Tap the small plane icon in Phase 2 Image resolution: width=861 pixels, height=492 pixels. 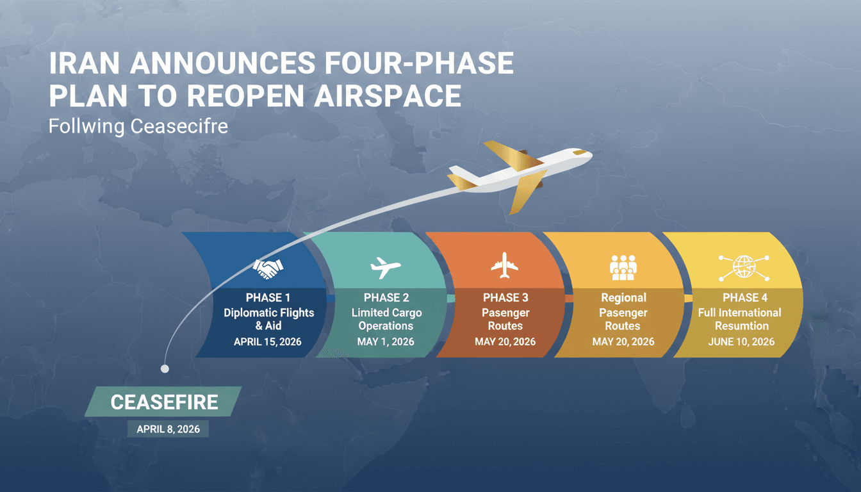[386, 267]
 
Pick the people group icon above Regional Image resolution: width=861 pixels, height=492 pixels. [622, 267]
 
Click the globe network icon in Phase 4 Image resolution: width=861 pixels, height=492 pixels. [741, 266]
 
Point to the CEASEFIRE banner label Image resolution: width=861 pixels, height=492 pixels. [164, 402]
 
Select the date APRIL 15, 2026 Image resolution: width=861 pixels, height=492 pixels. [268, 342]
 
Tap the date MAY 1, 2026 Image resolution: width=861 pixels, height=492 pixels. [386, 342]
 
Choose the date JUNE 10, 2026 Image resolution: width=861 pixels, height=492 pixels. [741, 342]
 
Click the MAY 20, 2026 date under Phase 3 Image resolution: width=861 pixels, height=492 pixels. [505, 342]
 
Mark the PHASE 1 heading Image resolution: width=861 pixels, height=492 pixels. [268, 298]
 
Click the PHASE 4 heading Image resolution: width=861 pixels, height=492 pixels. [741, 298]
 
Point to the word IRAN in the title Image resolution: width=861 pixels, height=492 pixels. [86, 65]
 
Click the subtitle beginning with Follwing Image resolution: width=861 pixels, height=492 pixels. [138, 126]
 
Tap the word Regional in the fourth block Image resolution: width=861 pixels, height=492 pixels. [623, 298]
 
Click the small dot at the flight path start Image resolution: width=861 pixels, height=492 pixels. [165, 368]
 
